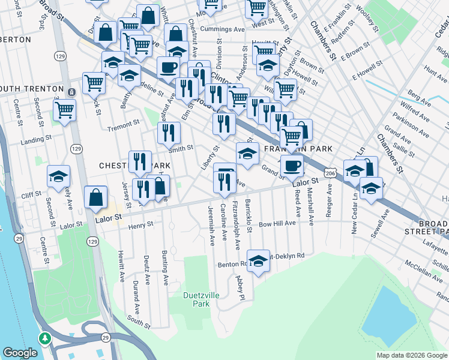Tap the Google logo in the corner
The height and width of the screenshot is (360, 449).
pyautogui.click(x=20, y=353)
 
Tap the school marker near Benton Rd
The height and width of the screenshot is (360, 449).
pyautogui.click(x=258, y=261)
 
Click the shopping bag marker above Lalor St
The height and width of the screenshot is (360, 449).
pyautogui.click(x=96, y=197)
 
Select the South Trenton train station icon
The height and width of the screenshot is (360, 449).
pyautogui.click(x=71, y=92)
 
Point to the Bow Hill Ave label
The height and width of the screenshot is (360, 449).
pyautogui.click(x=277, y=223)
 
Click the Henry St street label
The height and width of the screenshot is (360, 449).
pyautogui.click(x=141, y=224)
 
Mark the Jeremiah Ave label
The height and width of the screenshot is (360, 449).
pyautogui.click(x=211, y=226)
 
